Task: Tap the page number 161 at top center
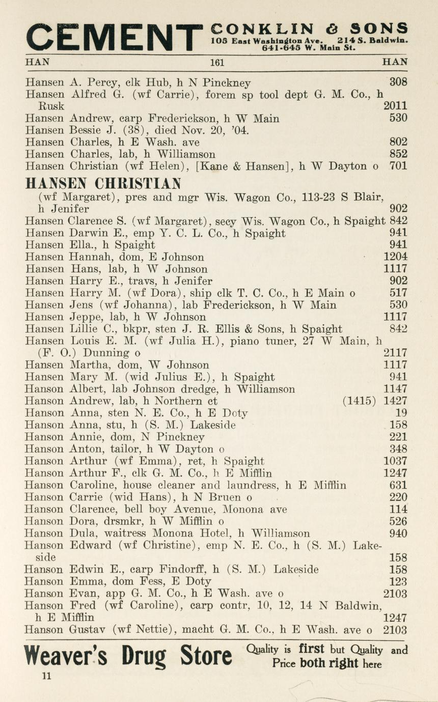coord(217,63)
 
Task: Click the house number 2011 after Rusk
coord(395,106)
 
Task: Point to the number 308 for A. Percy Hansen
coord(398,81)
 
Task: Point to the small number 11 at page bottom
coord(47,676)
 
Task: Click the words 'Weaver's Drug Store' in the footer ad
coord(128,656)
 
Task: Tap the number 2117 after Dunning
coord(395,353)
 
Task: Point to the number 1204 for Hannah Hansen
coord(395,257)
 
